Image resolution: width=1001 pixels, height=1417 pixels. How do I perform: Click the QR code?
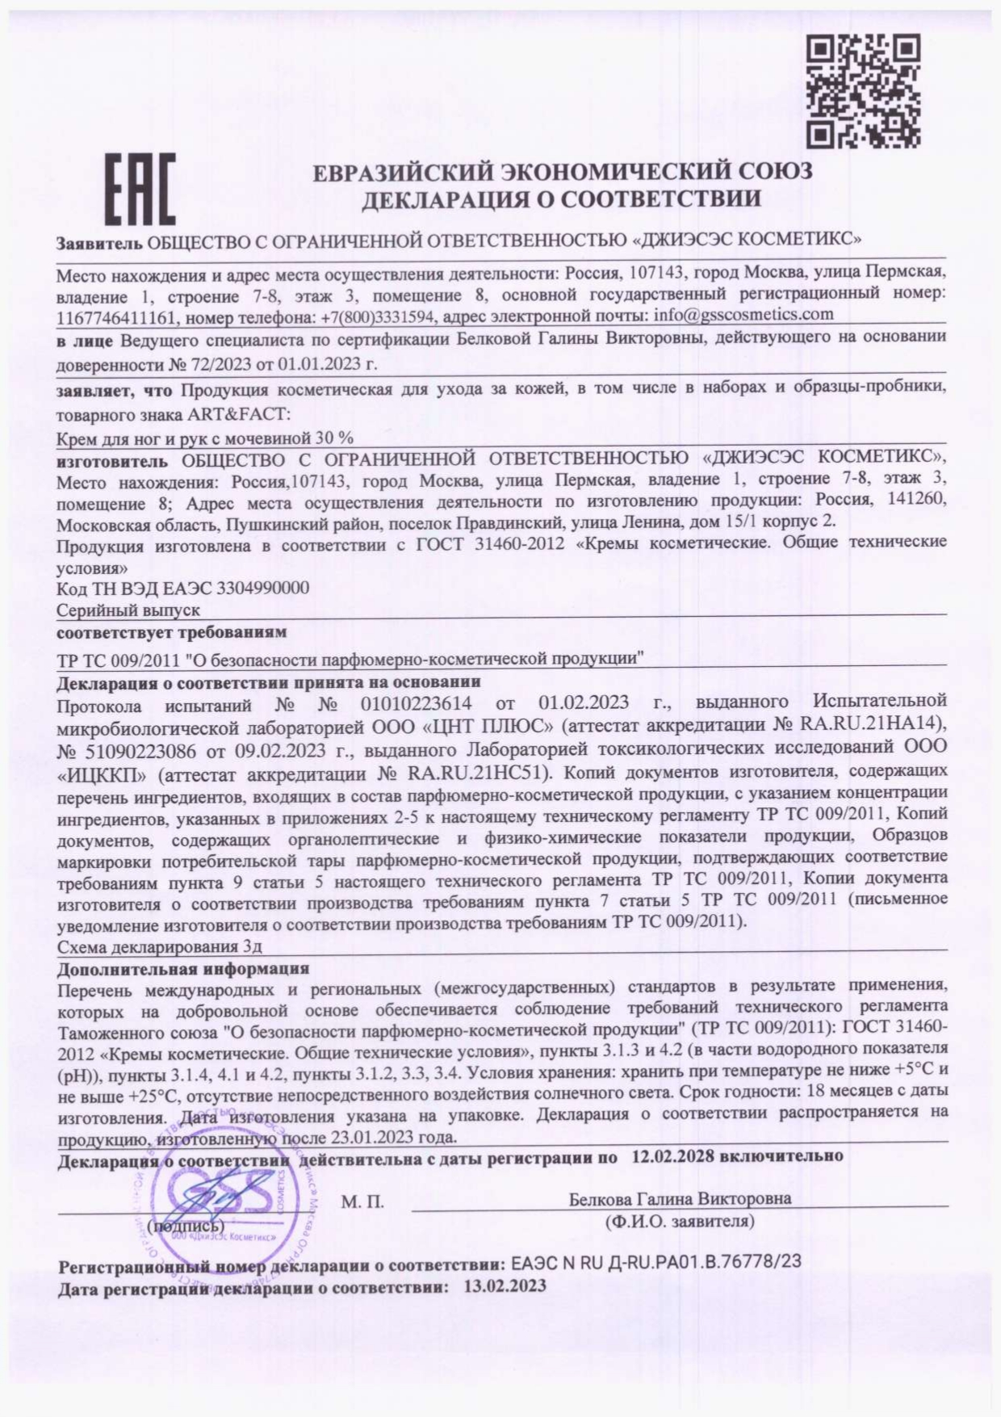click(x=864, y=90)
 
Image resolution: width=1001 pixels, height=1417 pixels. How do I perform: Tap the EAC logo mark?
click(x=140, y=190)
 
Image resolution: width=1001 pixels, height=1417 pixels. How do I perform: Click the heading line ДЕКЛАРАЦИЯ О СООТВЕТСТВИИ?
click(x=561, y=199)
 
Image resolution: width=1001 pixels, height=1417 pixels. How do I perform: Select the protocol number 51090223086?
click(x=139, y=752)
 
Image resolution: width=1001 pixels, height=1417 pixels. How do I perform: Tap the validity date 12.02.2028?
click(x=672, y=1156)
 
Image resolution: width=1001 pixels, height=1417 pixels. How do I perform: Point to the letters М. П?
click(x=362, y=1202)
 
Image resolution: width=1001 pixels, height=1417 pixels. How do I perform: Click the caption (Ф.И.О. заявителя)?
click(x=680, y=1222)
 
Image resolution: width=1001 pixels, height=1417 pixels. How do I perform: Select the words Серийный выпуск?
click(x=128, y=610)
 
